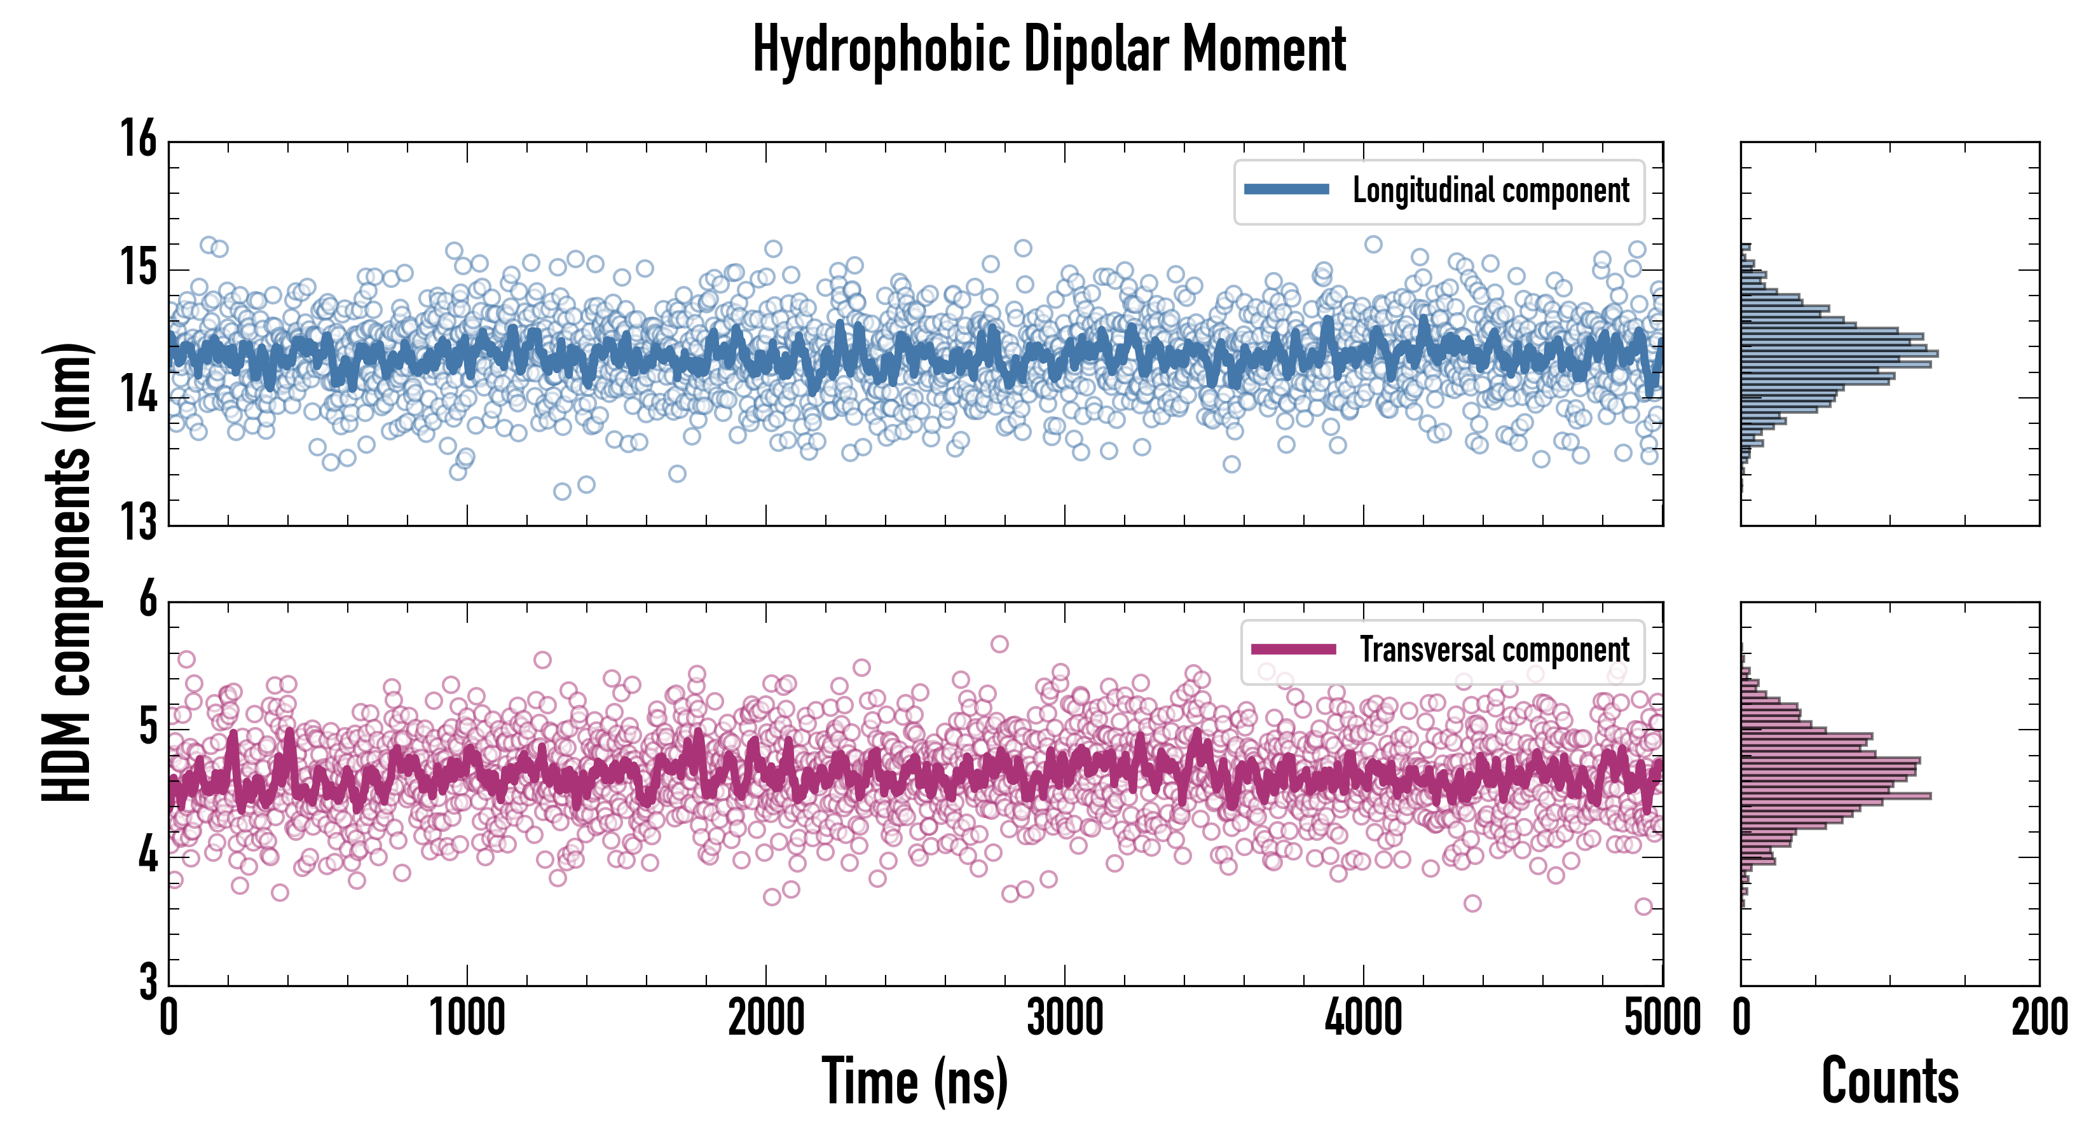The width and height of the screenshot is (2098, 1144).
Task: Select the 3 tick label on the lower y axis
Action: pos(147,982)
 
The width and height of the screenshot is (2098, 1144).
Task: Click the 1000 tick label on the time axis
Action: pos(467,1018)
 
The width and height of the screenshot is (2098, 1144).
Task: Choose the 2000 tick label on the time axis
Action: pos(765,1018)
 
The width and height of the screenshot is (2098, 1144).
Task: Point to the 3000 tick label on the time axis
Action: pos(1064,1018)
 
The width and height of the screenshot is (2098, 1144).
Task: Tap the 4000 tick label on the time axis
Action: pos(1363,1018)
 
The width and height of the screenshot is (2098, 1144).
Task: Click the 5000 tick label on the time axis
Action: pos(1661,1018)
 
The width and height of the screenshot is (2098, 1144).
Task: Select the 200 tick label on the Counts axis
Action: pos(2038,1018)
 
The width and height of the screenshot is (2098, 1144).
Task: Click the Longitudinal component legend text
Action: pos(1490,191)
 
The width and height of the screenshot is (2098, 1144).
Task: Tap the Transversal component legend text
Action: pos(1495,650)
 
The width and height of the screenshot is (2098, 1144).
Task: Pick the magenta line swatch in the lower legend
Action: pos(1293,649)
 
